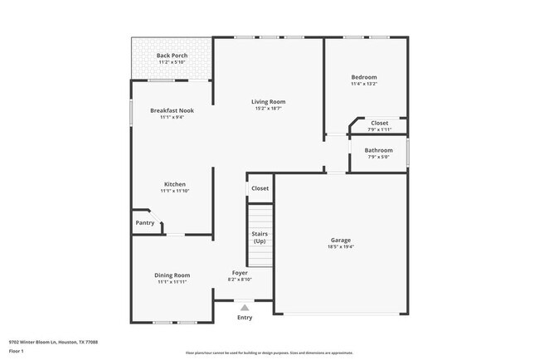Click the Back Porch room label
point(172,56)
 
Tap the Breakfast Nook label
point(172,110)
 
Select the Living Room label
point(268,102)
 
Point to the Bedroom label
point(364,76)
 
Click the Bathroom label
point(379,150)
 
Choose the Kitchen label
point(174,184)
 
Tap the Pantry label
point(145,222)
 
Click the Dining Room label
point(172,275)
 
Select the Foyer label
point(240,272)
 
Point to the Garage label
point(341,240)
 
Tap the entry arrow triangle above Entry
point(244,307)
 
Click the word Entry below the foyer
point(245,318)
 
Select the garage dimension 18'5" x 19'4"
point(341,247)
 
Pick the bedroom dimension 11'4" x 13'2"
point(364,84)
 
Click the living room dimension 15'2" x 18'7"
point(268,109)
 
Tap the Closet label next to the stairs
point(260,188)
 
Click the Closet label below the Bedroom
point(379,123)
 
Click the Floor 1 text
point(17,351)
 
